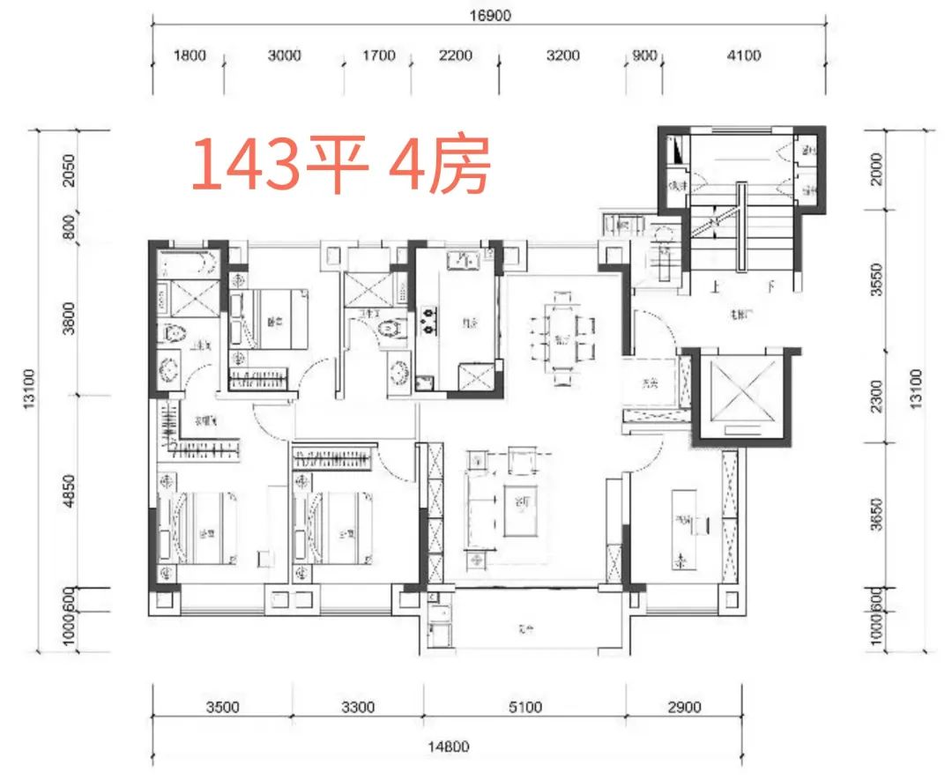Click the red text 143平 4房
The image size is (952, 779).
340,166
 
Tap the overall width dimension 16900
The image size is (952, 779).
491,15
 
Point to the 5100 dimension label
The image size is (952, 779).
524,706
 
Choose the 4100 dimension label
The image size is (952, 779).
743,56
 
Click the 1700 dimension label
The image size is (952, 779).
379,56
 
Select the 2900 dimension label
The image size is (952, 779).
684,706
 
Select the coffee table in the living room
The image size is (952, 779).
522,510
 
